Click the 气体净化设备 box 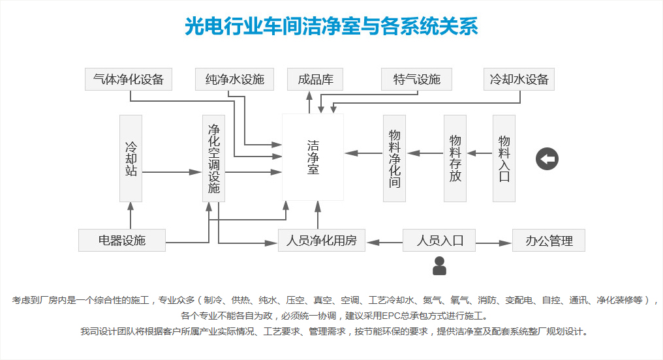pos(129,80)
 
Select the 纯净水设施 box pos(234,80)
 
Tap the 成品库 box pos(315,80)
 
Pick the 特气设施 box pos(417,80)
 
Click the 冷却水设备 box pos(519,80)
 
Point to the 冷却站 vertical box pos(131,158)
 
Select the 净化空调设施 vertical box pos(213,158)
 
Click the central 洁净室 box pos(313,157)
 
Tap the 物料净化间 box pos(394,158)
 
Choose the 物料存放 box pos(455,158)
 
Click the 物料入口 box pos(504,158)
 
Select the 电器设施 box pos(122,240)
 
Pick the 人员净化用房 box pos(322,240)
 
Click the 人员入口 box pos(439,240)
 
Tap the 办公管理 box pos(549,240)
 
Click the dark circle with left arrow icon pos(547,158)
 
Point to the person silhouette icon pos(439,266)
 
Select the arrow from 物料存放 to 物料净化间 pos(425,153)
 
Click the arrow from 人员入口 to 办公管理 pos(493,243)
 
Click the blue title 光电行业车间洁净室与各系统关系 pos(331,27)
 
